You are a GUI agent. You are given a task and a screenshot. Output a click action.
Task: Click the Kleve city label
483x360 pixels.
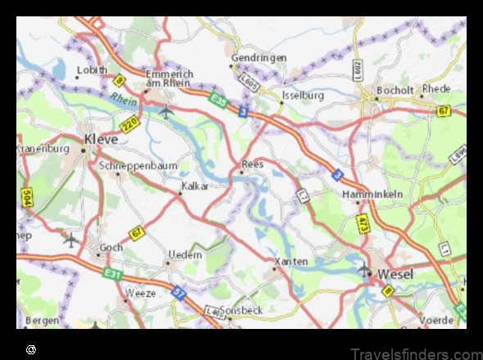101,139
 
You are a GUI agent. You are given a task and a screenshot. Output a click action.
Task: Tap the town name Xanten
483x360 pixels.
292,261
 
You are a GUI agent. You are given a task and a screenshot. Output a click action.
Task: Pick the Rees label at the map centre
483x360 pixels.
253,164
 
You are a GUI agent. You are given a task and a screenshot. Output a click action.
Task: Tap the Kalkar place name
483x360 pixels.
195,186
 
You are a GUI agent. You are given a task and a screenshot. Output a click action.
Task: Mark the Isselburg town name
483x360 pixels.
303,96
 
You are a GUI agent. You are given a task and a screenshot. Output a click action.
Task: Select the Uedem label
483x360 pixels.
184,254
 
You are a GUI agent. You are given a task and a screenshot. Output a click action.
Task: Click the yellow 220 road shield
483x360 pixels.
129,125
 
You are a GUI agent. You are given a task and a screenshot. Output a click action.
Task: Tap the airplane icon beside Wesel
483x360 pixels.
364,268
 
